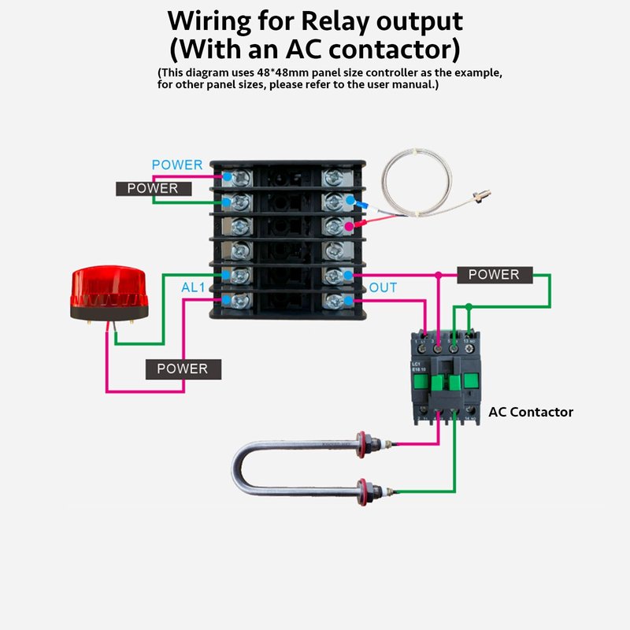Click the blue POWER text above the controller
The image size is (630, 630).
[x=177, y=165]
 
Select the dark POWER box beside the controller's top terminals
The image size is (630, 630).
[x=153, y=188]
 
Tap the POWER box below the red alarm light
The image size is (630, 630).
[x=183, y=369]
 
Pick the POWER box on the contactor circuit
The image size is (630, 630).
[x=495, y=275]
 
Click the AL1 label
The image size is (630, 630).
[x=193, y=288]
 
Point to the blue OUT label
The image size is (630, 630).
[x=384, y=288]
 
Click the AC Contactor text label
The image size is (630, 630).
[x=531, y=412]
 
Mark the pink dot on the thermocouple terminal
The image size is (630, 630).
[x=349, y=226]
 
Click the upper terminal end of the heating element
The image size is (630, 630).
[x=365, y=442]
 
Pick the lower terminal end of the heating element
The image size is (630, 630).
[x=364, y=491]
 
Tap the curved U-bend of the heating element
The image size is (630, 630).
[x=244, y=468]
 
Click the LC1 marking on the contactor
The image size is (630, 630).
[x=416, y=364]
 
